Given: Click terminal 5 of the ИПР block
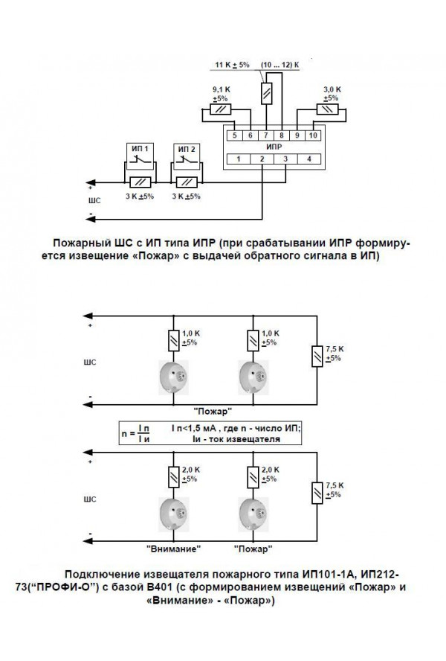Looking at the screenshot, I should [x=234, y=135].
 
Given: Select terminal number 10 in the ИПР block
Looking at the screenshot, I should [x=313, y=135].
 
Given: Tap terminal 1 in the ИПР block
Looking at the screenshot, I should [x=238, y=159].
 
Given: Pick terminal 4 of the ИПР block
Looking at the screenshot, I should [x=307, y=159].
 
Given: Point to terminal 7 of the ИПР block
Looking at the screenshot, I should [x=267, y=135].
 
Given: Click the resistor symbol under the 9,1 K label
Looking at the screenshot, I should [x=220, y=109].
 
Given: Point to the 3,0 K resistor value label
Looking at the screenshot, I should [x=332, y=89].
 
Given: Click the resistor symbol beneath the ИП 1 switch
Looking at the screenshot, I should [x=140, y=182].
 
